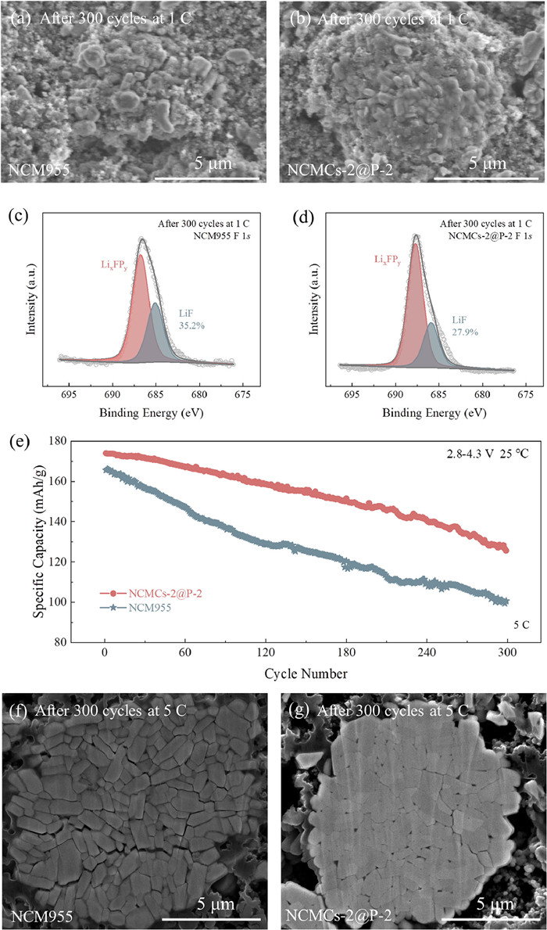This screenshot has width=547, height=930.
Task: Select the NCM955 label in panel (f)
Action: coord(39,914)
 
